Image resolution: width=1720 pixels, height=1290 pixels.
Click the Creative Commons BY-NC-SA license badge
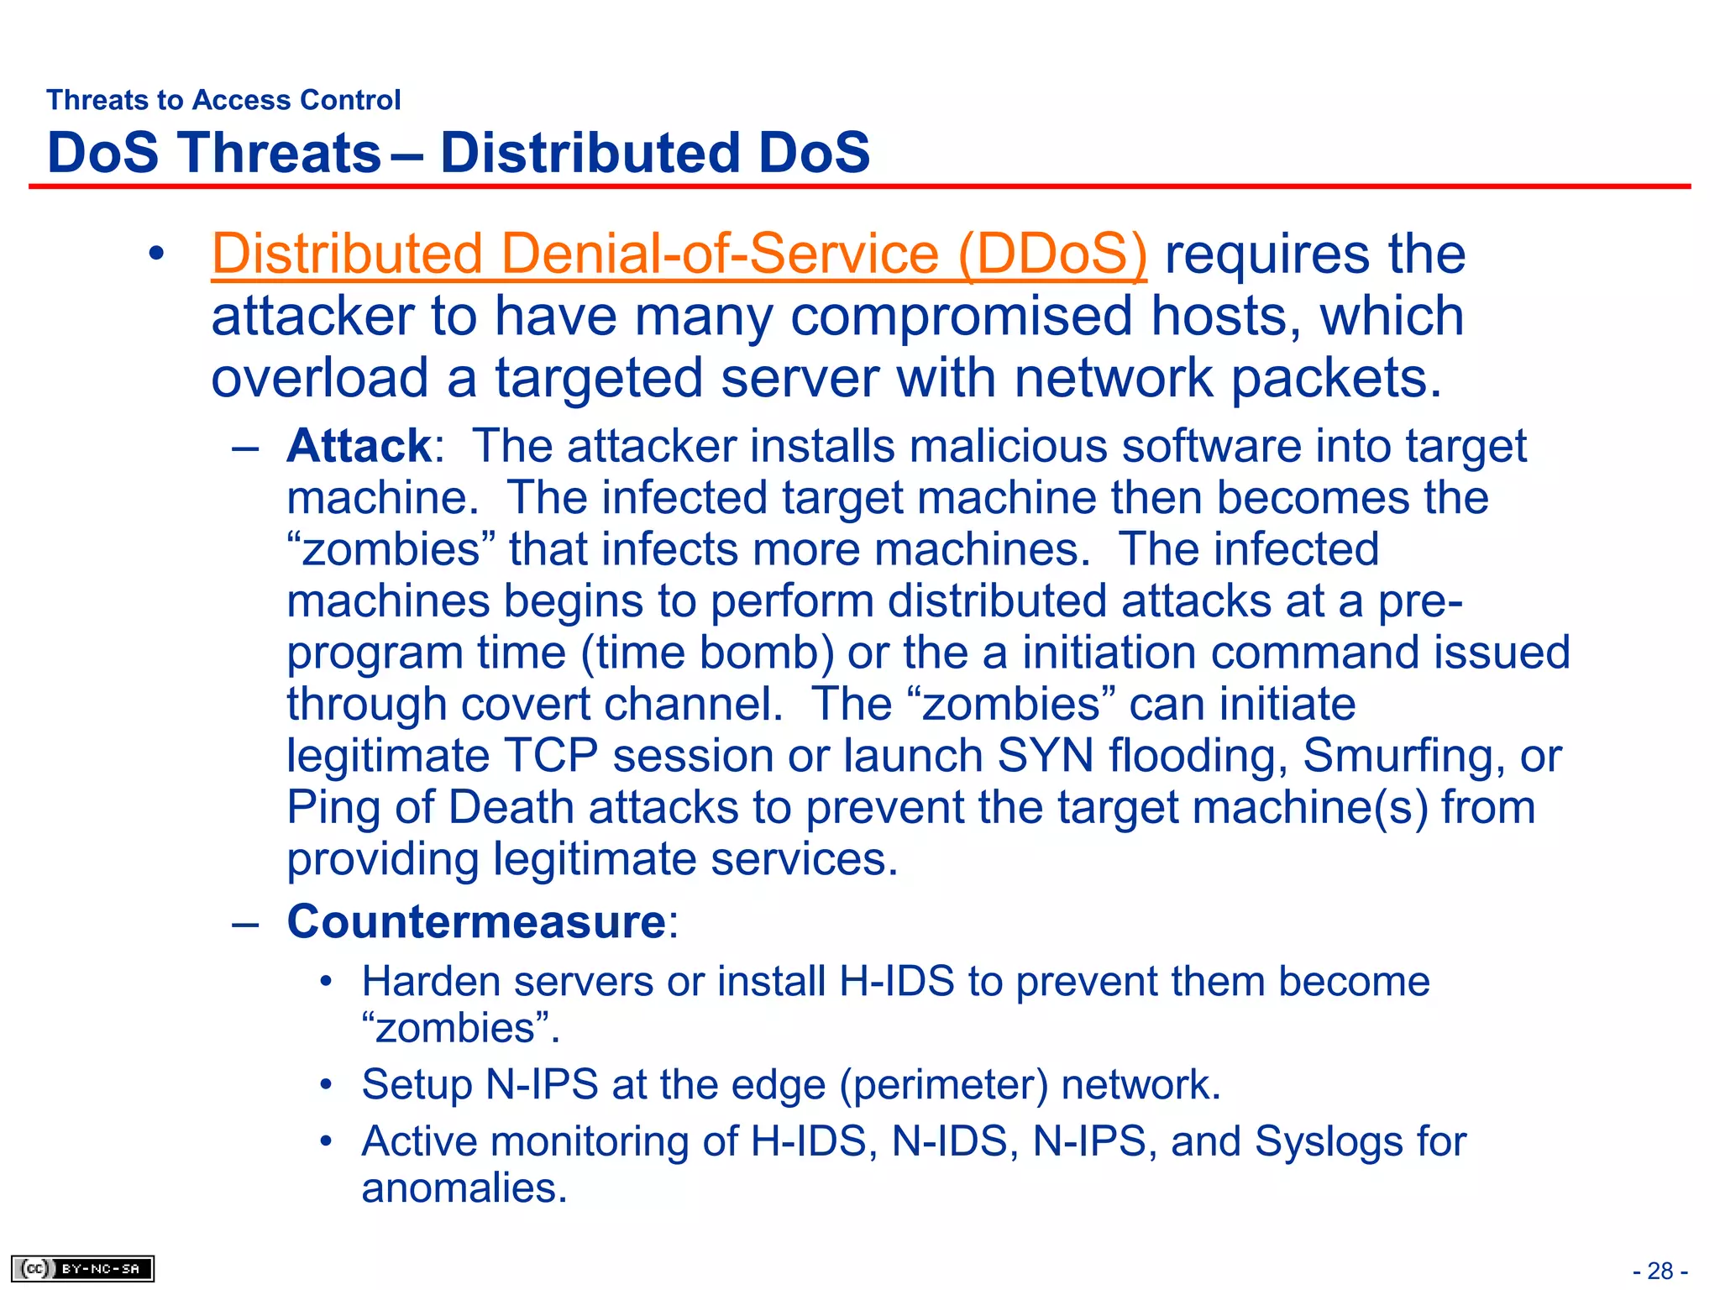click(82, 1268)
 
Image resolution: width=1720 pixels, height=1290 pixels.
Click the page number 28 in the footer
click(1660, 1271)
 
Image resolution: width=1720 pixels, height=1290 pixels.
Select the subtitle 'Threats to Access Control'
click(223, 100)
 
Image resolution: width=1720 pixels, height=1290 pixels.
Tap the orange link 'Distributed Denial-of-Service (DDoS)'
click(679, 254)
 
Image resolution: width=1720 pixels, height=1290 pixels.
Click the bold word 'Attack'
click(359, 446)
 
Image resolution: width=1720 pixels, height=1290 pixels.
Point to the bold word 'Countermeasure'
click(476, 922)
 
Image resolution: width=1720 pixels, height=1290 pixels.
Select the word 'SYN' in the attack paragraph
click(1045, 756)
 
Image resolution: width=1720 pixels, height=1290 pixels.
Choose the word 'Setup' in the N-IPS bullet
click(417, 1085)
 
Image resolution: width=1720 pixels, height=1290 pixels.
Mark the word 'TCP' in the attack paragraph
click(550, 756)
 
